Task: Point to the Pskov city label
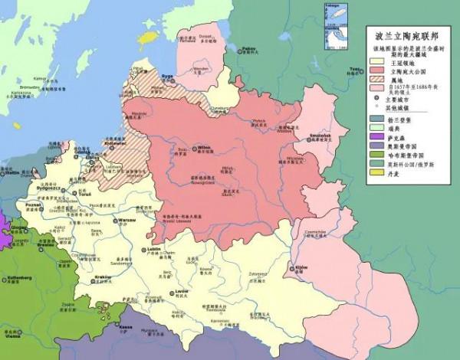tap(248, 48)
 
